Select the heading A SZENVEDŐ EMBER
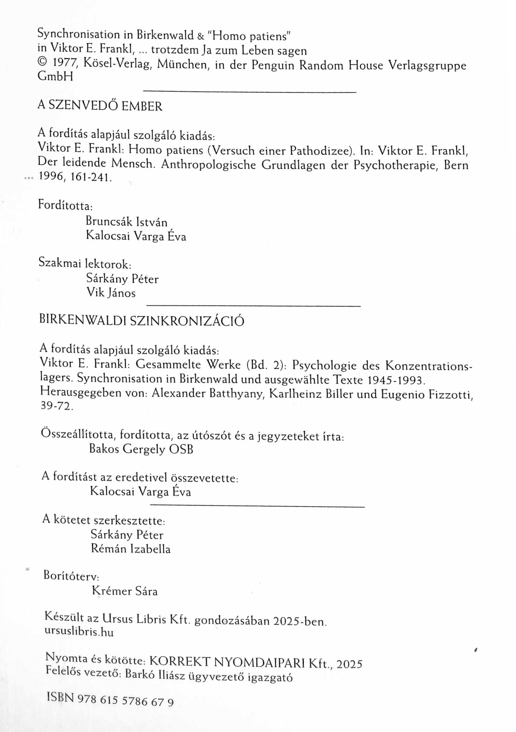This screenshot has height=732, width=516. click(100, 106)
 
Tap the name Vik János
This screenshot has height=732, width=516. click(111, 293)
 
